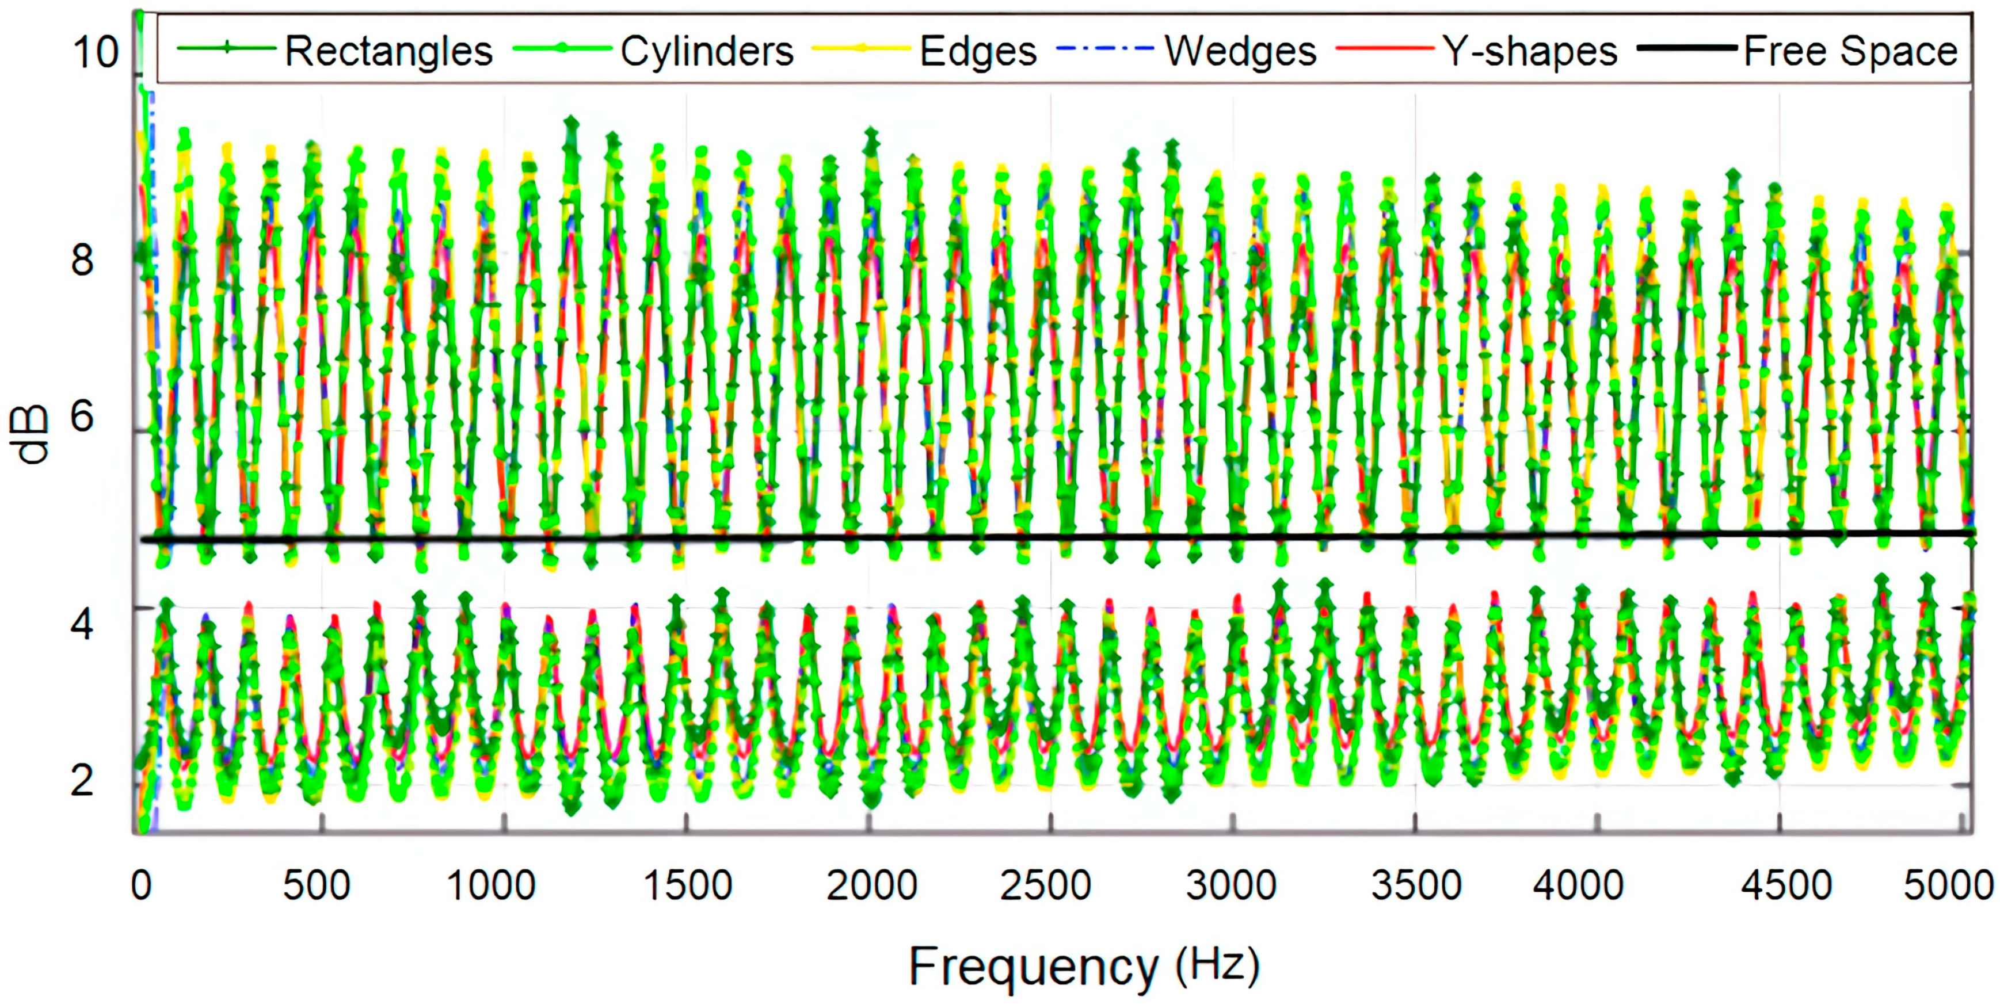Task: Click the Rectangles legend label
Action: pos(388,52)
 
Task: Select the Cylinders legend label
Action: pos(707,52)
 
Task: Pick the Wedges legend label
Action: pos(1240,52)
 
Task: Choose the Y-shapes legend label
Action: pos(1530,52)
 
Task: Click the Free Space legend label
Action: pos(1850,52)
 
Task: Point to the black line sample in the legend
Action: pos(1686,48)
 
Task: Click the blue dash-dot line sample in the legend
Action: pos(1105,48)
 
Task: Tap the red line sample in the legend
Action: pos(1384,48)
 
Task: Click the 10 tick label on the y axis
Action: pos(96,53)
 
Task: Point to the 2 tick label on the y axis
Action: pos(82,780)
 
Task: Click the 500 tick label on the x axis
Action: pos(316,885)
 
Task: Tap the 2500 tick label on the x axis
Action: pos(1045,885)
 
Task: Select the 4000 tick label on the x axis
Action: pos(1578,885)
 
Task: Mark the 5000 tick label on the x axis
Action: pos(1947,885)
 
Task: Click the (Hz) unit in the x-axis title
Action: pos(1217,965)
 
